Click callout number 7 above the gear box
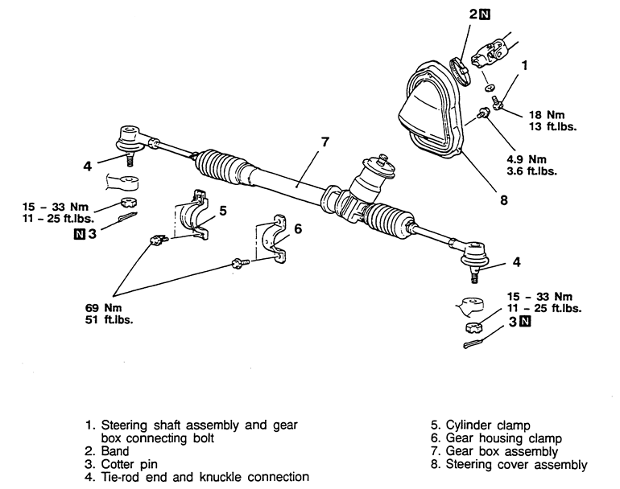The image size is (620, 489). pos(325,142)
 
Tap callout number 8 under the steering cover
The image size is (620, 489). pos(503,200)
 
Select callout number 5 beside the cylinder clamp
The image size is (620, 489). pos(222,211)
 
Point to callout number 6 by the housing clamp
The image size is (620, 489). pos(297,228)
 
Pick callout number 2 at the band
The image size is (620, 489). pos(473,14)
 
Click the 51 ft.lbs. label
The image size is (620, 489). pos(110,319)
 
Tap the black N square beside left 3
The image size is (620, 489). pos(79,234)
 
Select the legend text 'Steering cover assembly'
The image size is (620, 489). pos(515,463)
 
